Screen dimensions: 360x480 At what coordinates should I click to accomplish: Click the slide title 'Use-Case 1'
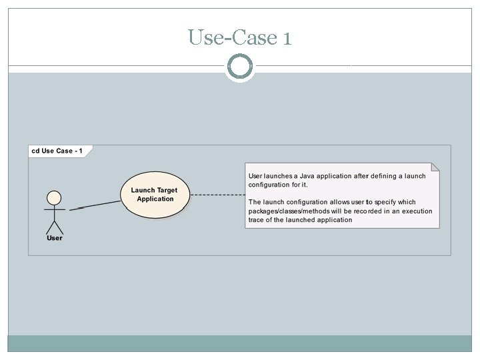(239, 37)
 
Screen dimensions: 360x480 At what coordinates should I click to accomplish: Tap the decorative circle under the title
(239, 67)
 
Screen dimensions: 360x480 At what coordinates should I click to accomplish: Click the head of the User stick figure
(54, 198)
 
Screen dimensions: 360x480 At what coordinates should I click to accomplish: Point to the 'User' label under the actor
(55, 238)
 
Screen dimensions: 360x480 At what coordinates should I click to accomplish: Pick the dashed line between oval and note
(217, 195)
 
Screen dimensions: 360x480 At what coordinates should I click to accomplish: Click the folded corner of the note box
(435, 167)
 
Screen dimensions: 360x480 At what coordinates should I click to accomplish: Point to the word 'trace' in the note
(257, 220)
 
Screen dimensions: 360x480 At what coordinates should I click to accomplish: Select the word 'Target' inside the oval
(167, 191)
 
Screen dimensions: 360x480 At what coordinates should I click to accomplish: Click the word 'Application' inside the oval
(155, 199)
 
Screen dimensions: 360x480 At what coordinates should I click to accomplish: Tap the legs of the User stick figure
(54, 226)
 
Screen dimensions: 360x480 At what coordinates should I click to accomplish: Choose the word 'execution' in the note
(417, 211)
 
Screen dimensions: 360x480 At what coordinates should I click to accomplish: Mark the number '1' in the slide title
(287, 37)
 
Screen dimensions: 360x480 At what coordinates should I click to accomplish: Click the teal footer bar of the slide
(239, 343)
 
